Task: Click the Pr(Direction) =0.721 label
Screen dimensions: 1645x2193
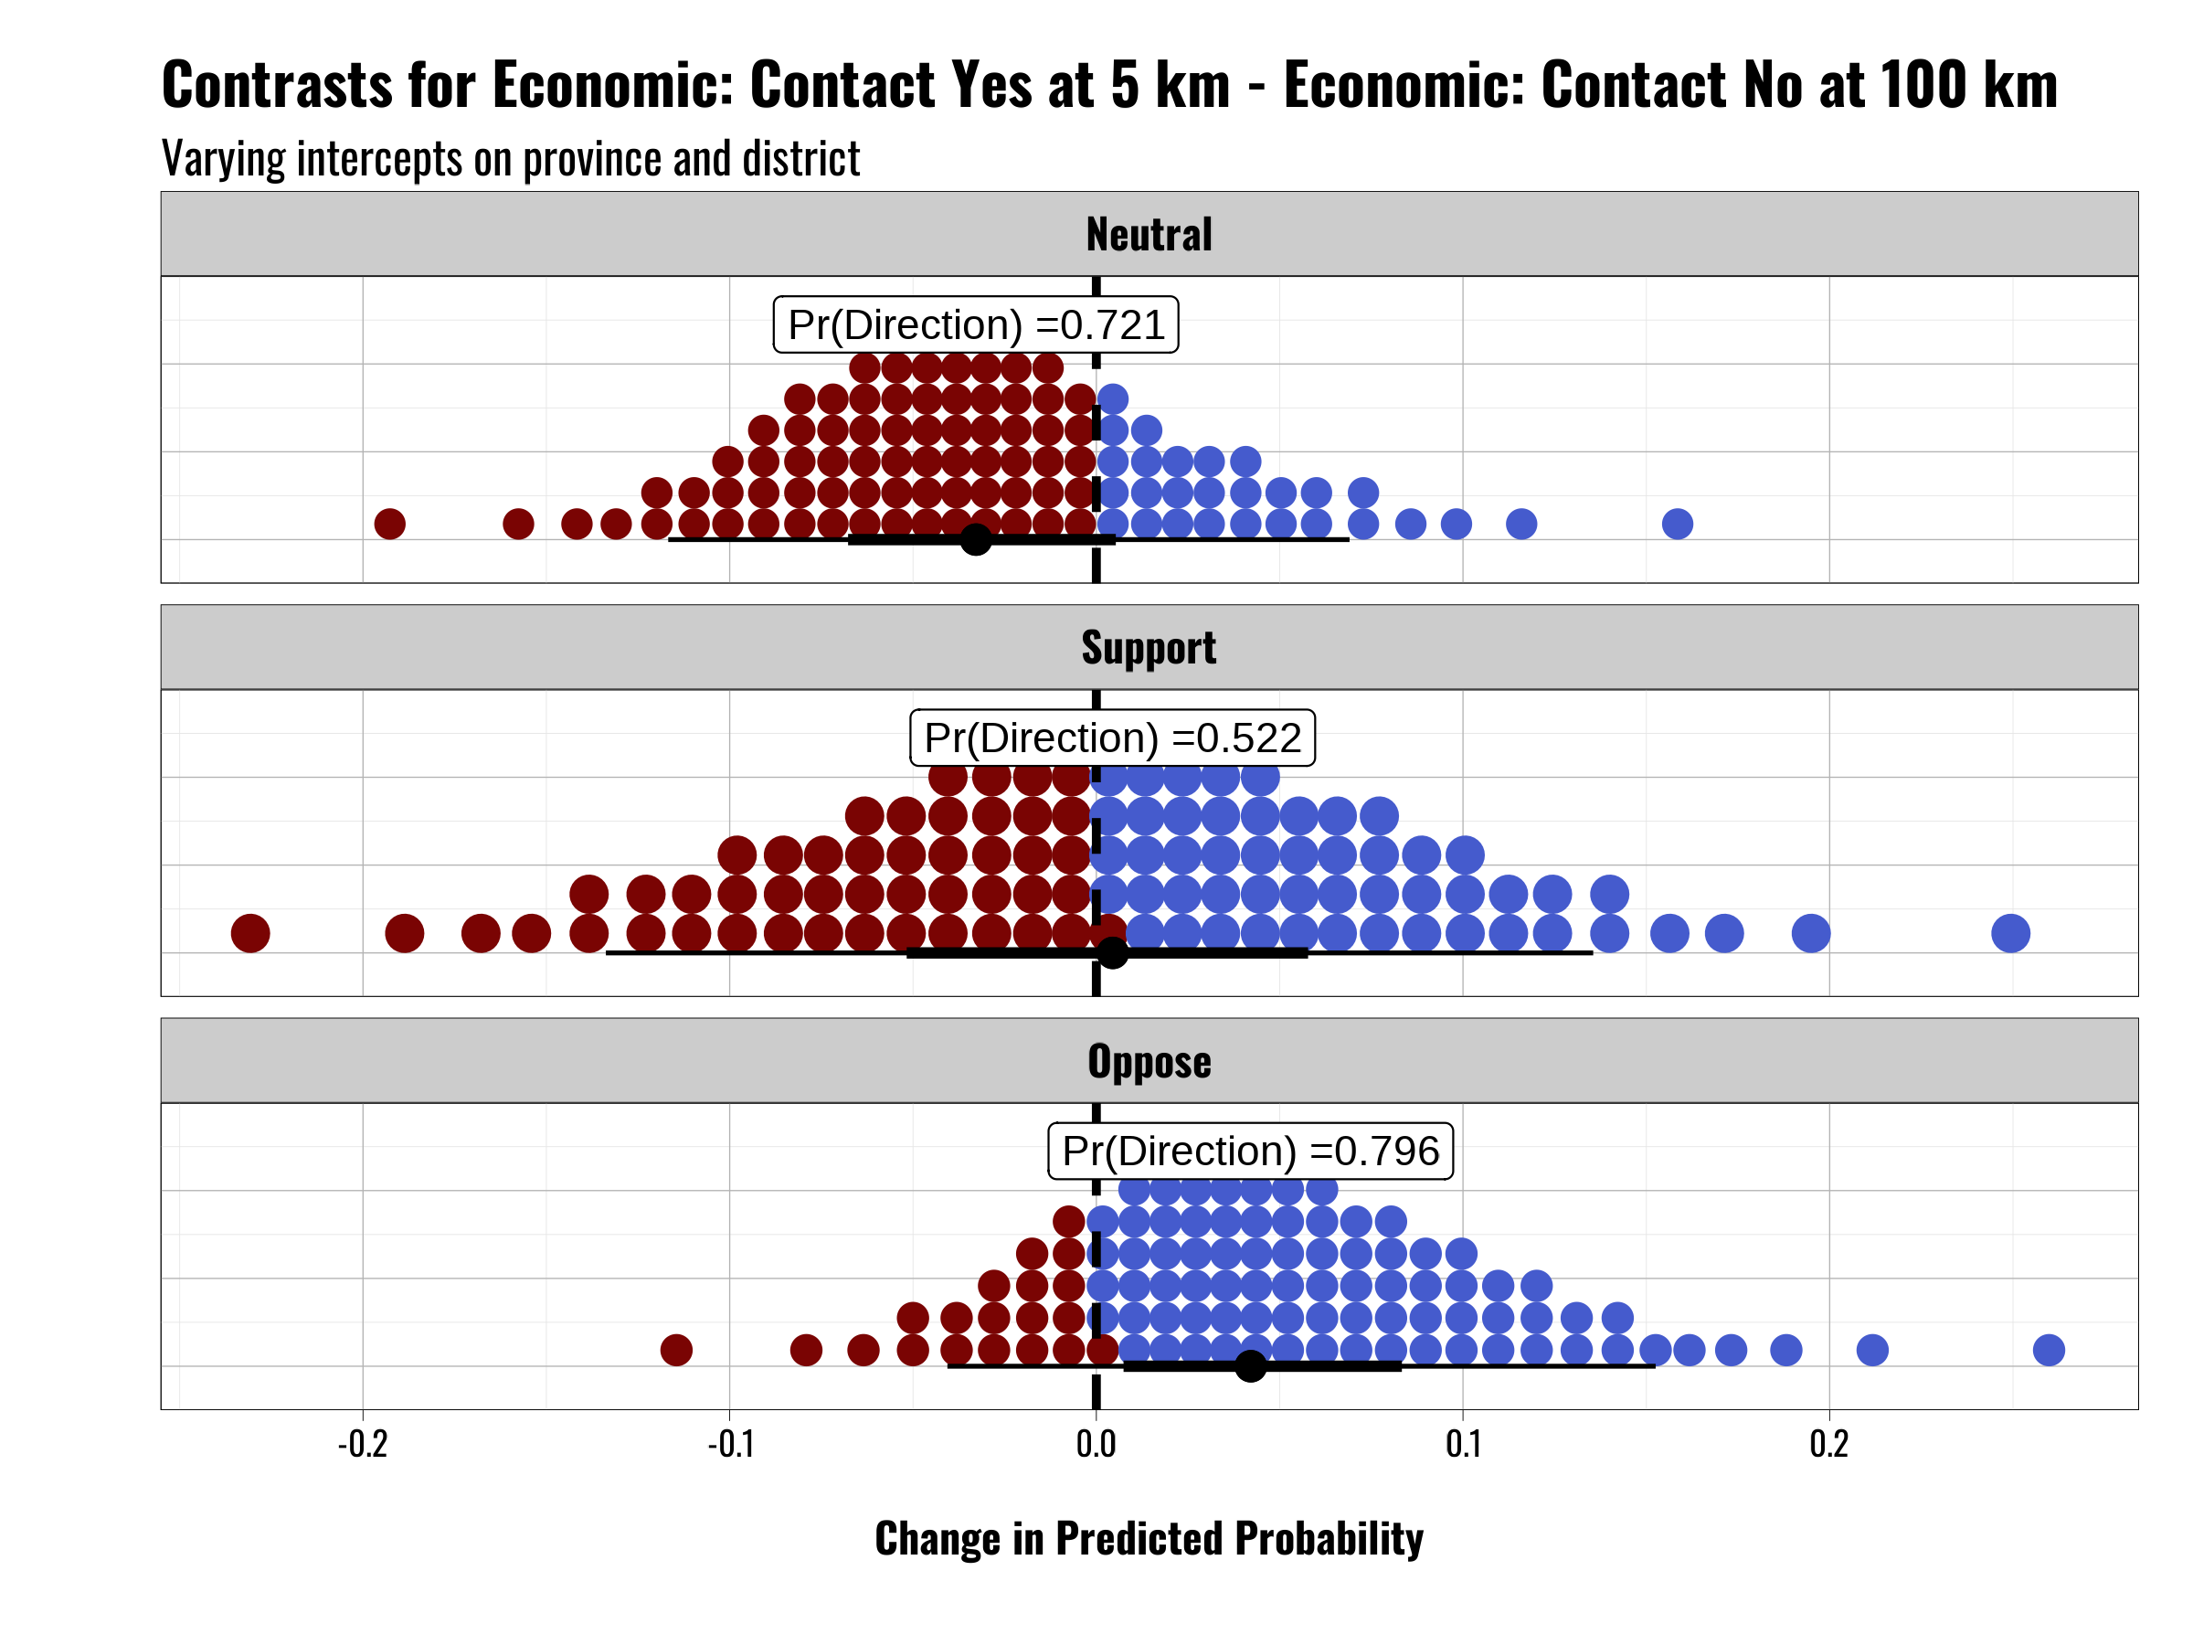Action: pos(976,324)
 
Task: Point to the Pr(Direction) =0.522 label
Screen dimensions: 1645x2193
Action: pos(1112,738)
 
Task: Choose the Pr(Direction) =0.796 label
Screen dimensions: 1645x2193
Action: pos(1250,1151)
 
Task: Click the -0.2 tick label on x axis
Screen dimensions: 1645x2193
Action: pos(363,1444)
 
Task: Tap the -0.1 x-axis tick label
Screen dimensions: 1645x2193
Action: pos(731,1444)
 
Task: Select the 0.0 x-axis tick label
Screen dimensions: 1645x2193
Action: pos(1096,1444)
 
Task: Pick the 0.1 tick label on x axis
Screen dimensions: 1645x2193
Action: pos(1462,1444)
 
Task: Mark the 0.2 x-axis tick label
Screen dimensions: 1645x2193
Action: pos(1829,1444)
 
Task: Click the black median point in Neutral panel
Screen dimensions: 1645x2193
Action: pos(976,539)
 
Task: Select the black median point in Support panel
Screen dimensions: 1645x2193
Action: pos(1112,953)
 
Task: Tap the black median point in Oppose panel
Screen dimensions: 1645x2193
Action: pos(1250,1366)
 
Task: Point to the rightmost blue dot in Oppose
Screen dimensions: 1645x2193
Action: pos(2049,1350)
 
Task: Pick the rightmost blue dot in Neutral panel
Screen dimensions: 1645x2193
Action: pos(1677,524)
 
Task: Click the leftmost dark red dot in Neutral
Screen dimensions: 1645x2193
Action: pos(389,524)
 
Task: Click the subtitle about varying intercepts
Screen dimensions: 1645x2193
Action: pos(511,159)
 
